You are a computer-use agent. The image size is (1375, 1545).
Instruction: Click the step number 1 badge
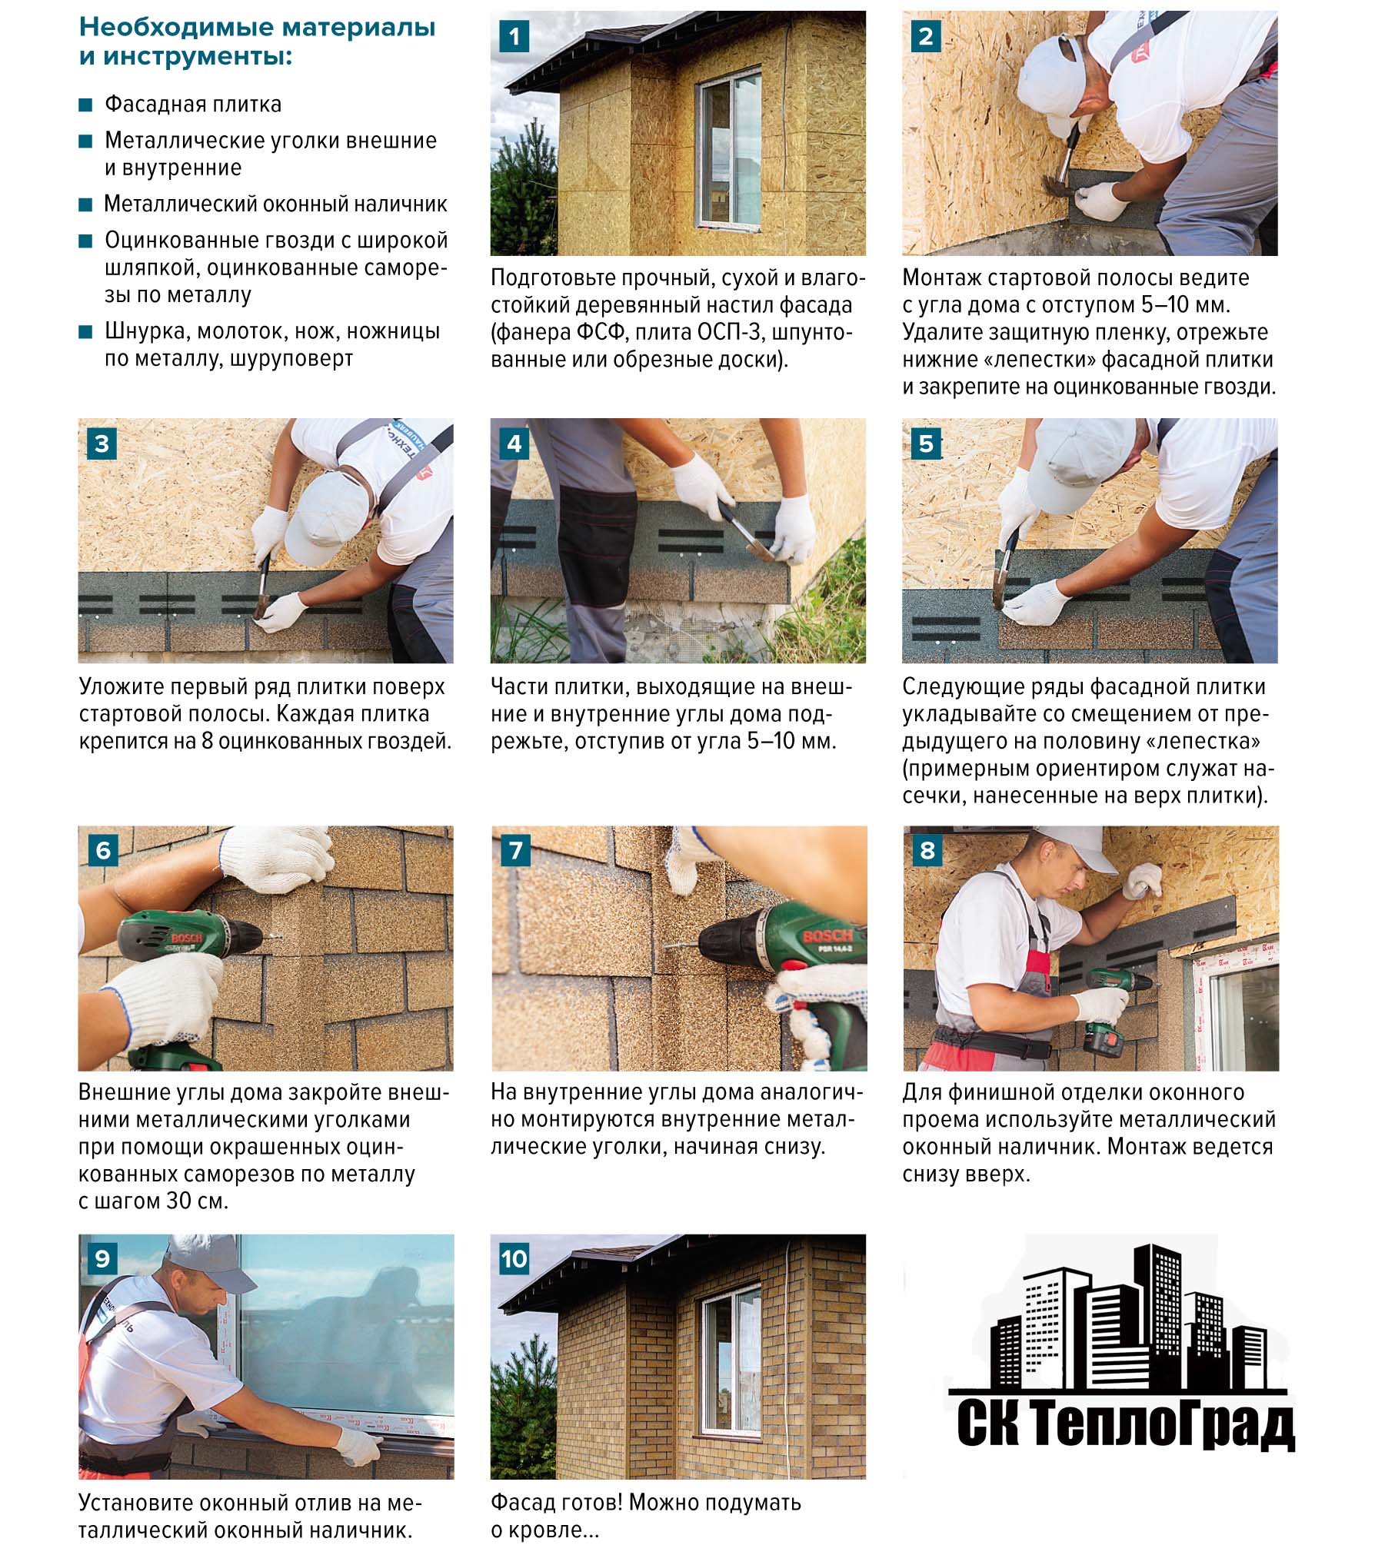(514, 36)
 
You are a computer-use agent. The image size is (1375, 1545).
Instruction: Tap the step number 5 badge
(925, 444)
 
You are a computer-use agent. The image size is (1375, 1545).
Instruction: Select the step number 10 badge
(514, 1258)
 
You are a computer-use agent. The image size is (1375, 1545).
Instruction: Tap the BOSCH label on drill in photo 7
(827, 935)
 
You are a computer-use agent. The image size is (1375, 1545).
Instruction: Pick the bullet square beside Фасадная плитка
(85, 105)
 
